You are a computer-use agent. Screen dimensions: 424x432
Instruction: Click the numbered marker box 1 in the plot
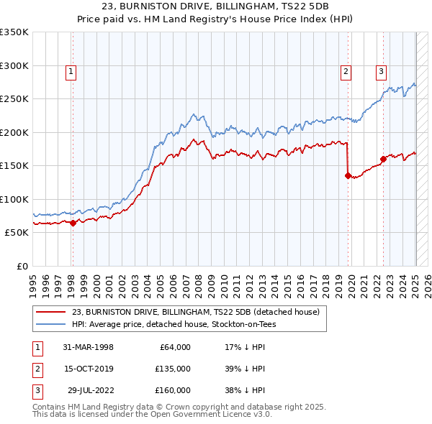click(72, 71)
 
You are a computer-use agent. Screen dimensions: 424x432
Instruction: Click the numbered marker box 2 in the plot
click(346, 71)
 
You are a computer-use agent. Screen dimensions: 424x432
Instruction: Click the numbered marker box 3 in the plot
click(381, 71)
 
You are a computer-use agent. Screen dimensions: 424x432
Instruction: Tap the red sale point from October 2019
click(348, 175)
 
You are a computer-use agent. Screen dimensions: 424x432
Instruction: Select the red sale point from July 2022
click(383, 159)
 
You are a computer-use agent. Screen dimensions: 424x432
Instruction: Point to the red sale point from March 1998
click(73, 223)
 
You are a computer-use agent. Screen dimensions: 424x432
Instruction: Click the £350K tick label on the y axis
click(14, 32)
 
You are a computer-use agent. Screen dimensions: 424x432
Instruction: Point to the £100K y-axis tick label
click(14, 199)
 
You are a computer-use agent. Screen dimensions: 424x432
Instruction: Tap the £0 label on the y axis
click(20, 266)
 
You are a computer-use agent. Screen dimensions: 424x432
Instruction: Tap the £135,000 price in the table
click(172, 369)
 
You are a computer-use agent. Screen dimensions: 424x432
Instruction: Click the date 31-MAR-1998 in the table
click(89, 347)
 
